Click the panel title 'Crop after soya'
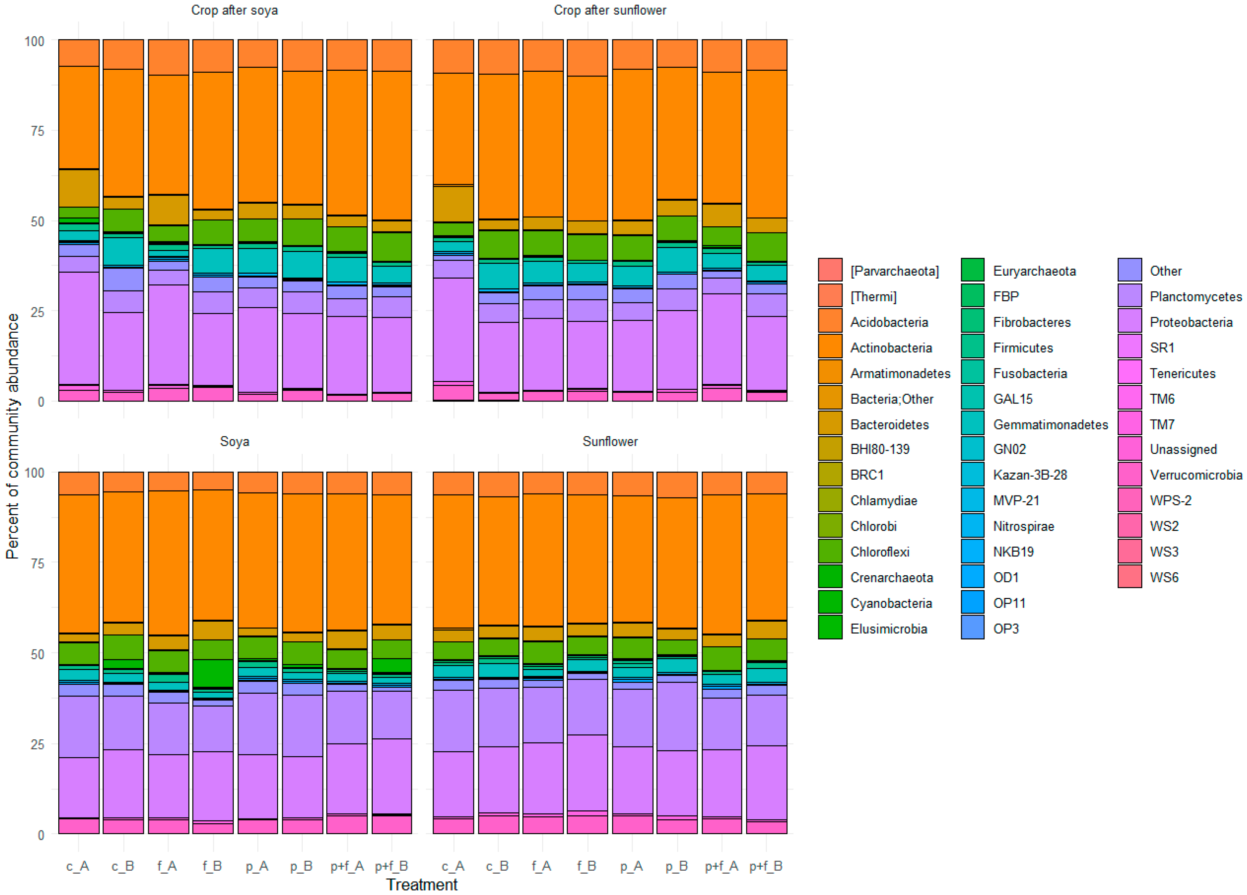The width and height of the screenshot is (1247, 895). click(x=234, y=10)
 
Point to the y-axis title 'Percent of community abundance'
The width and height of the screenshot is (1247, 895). click(x=12, y=436)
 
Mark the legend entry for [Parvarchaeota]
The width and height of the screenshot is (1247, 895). click(x=894, y=271)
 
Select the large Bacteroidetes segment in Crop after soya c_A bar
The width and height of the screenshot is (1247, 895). click(x=79, y=188)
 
